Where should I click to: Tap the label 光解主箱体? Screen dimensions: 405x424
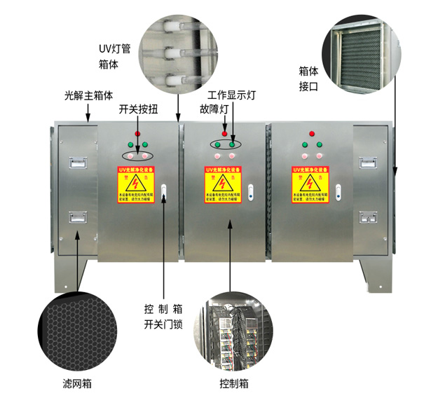click(x=87, y=93)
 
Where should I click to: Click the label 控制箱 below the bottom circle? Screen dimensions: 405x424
click(x=233, y=384)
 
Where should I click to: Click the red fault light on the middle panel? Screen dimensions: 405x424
click(x=224, y=133)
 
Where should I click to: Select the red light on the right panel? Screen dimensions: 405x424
click(x=311, y=133)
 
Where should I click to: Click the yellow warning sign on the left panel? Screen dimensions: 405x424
click(x=136, y=184)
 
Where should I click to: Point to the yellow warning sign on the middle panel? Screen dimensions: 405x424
click(x=224, y=184)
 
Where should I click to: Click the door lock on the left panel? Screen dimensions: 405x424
click(x=163, y=192)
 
